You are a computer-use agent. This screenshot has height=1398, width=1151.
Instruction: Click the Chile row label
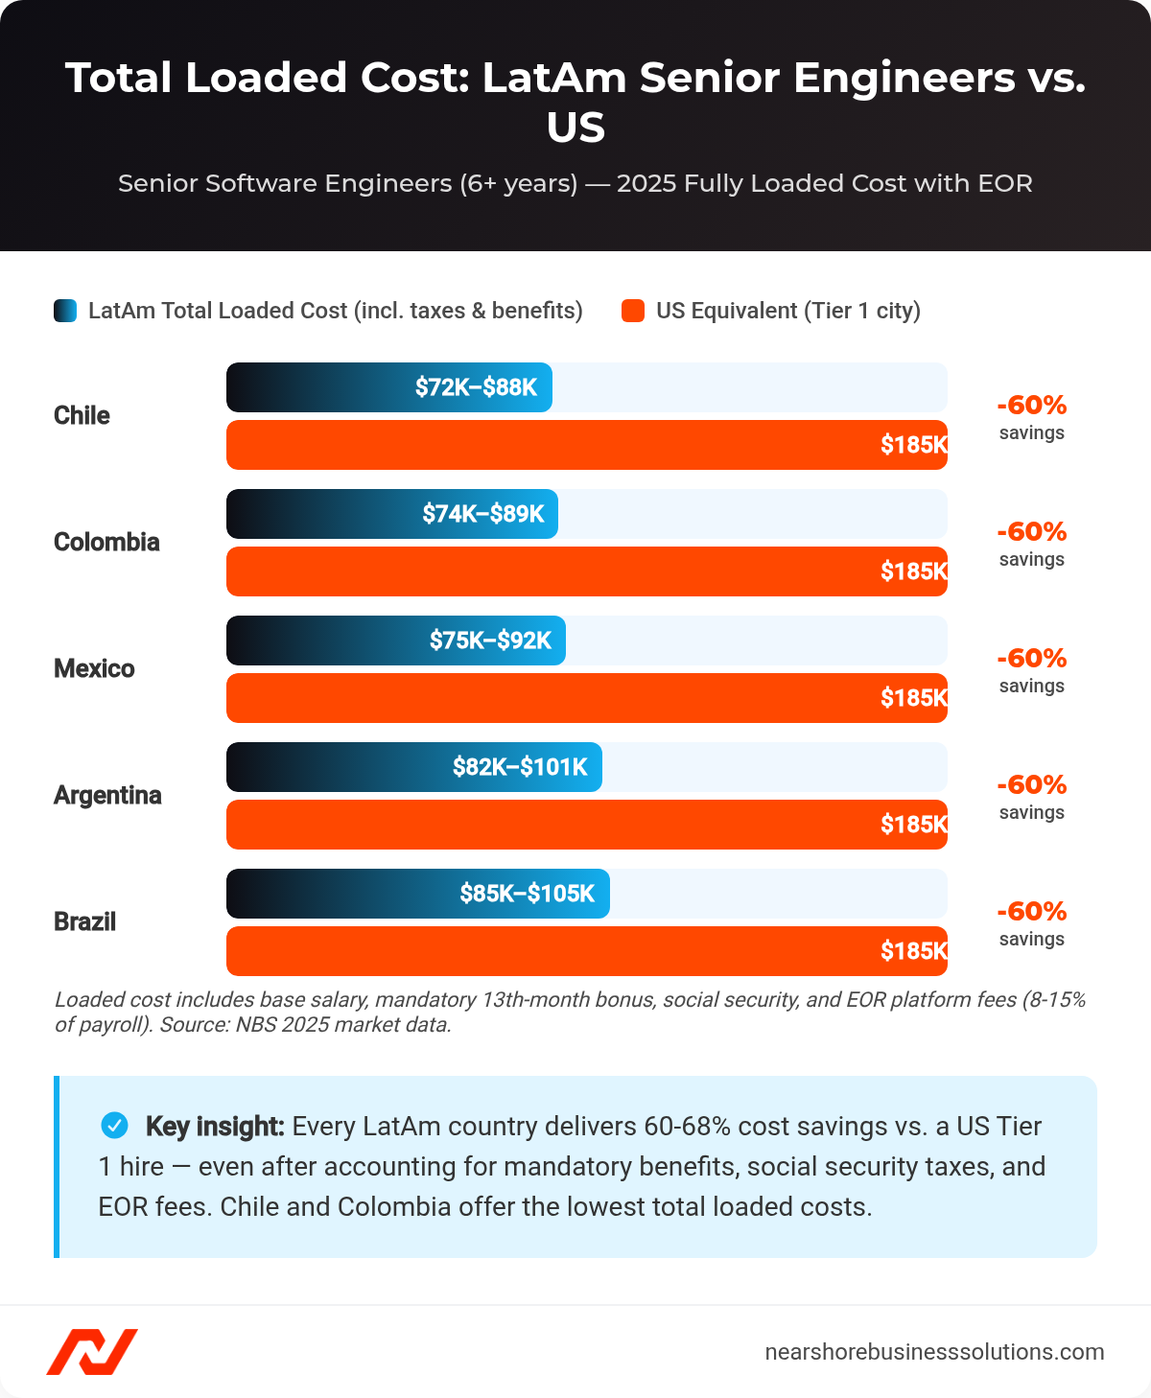(82, 416)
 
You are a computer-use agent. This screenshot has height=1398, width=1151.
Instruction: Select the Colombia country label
(106, 543)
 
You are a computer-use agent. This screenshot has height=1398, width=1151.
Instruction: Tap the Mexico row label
(94, 669)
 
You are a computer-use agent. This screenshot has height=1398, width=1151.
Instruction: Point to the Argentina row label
(107, 796)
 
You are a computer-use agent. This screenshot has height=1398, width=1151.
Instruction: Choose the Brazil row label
(84, 922)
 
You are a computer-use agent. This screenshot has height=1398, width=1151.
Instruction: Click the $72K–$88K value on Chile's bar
(476, 387)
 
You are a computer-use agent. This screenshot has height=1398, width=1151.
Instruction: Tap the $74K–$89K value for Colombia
(483, 514)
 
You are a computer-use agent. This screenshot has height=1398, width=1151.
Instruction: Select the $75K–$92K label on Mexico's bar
(490, 641)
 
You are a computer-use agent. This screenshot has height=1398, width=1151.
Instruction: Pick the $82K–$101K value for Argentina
(520, 767)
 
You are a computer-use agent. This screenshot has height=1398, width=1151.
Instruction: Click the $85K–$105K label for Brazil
(527, 894)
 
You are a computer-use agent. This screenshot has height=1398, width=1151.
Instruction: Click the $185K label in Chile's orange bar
(913, 445)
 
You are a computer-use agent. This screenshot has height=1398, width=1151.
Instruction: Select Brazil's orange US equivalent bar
(586, 951)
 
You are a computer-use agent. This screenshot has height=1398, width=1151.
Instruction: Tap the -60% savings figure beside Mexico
(1031, 659)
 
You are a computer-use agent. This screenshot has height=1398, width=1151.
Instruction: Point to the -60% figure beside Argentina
(1031, 785)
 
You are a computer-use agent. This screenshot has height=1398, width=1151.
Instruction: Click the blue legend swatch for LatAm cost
(65, 311)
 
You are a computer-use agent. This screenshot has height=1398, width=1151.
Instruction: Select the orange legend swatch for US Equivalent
(633, 311)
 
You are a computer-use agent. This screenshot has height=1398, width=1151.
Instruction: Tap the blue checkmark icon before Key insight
(114, 1126)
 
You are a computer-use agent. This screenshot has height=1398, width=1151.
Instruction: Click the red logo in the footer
(92, 1352)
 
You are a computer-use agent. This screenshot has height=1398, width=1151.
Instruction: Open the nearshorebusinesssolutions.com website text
(934, 1352)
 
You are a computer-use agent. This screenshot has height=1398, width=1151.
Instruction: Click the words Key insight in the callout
(215, 1127)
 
